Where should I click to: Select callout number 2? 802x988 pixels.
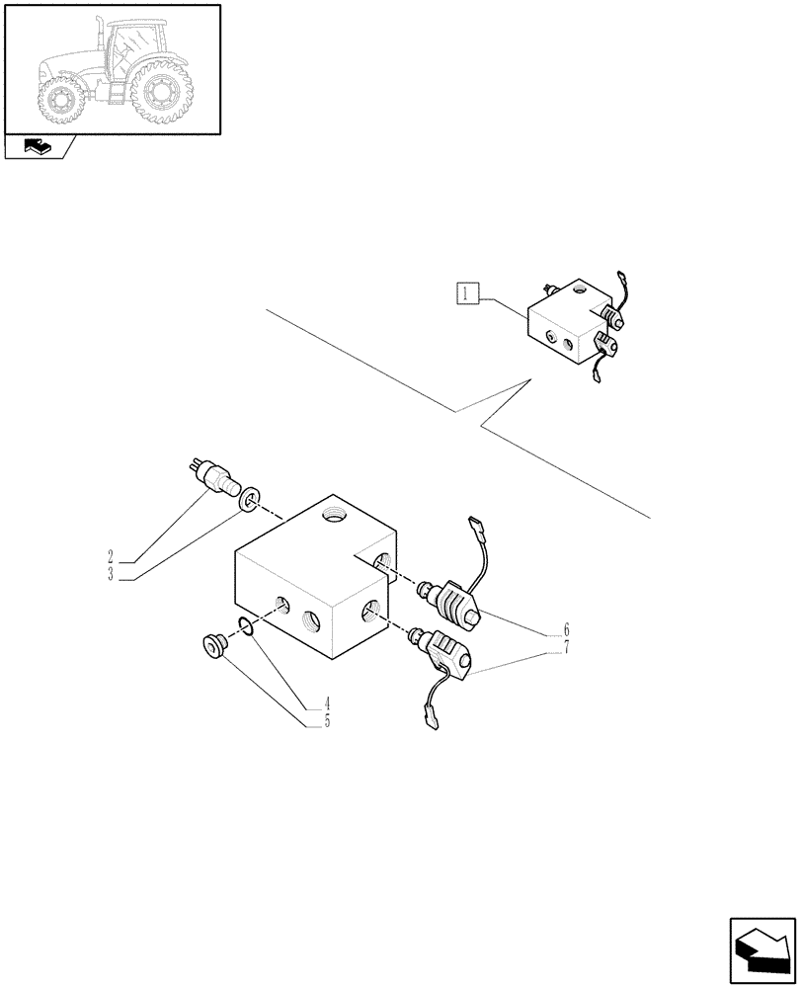(x=112, y=556)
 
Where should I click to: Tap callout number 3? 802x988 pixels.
(x=112, y=573)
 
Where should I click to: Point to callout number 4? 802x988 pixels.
(x=324, y=705)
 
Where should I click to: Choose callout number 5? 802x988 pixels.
(x=324, y=721)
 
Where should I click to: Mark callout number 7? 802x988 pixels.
(x=566, y=646)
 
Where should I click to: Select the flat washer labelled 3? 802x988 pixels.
(x=252, y=496)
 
